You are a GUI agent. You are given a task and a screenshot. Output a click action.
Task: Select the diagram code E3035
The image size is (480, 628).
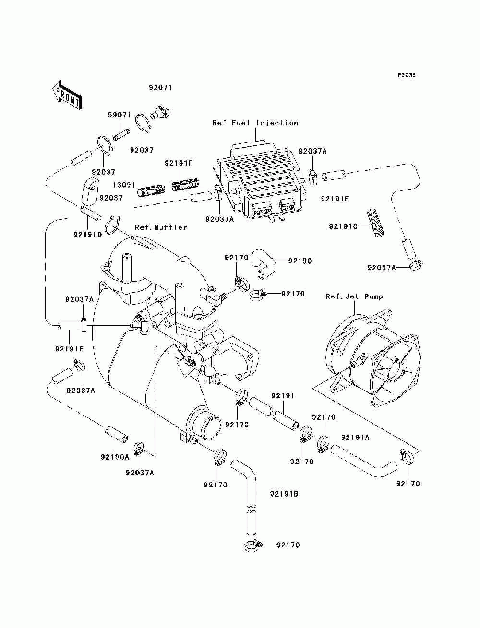point(406,75)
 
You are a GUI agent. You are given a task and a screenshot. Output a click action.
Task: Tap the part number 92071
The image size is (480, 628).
point(160,88)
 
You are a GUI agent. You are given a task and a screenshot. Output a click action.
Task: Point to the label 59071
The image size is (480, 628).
point(118,115)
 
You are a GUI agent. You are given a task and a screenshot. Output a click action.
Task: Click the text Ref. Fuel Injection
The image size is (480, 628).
point(255,123)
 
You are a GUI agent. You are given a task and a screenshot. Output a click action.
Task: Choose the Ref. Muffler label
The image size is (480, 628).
point(161,227)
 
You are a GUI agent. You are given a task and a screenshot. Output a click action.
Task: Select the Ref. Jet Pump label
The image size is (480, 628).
point(354,296)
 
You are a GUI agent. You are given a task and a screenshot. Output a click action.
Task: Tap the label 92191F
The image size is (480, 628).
point(179,164)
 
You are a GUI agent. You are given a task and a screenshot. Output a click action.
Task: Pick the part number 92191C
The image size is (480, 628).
point(343,225)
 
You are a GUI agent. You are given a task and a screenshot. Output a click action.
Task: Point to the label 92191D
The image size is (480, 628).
point(87,235)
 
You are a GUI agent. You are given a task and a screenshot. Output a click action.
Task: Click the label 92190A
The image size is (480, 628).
point(115,457)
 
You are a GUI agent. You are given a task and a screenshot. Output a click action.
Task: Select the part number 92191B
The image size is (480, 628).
point(284,493)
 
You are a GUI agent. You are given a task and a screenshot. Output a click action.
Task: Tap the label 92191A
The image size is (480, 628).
point(355,438)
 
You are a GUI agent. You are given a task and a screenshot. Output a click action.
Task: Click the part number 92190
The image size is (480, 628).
point(300,261)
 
